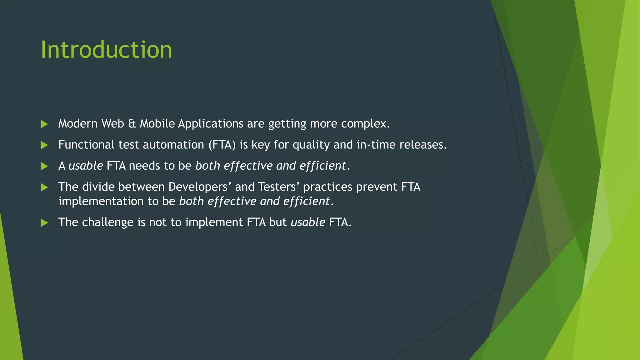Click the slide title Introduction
click(x=106, y=50)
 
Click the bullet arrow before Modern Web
click(x=44, y=124)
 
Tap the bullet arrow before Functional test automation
click(x=44, y=145)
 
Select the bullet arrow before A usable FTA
click(x=44, y=166)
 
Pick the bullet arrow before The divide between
click(x=44, y=187)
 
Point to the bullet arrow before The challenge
click(x=44, y=223)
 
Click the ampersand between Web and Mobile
click(x=132, y=124)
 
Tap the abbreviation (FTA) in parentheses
click(x=222, y=145)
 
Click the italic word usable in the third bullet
click(x=86, y=166)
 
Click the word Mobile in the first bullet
click(x=157, y=124)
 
